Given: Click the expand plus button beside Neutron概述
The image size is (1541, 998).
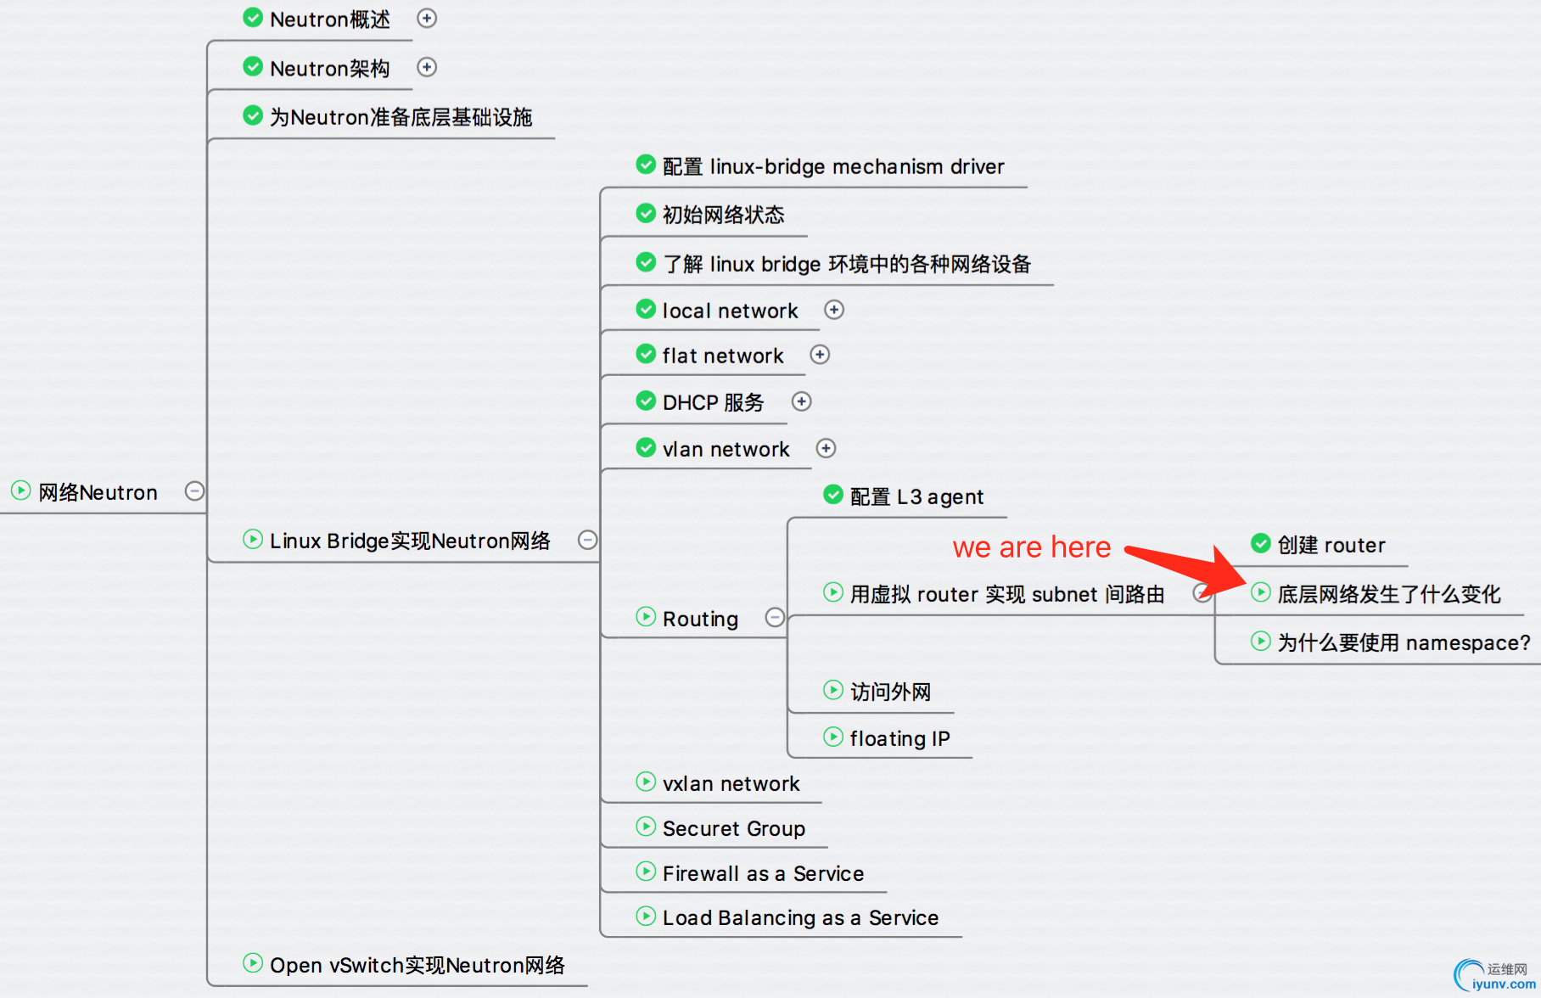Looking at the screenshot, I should click(x=427, y=18).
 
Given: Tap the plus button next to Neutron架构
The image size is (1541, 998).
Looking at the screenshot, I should click(x=427, y=67).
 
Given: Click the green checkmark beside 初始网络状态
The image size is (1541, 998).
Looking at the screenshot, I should click(x=646, y=213).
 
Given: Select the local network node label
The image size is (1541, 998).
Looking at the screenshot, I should click(x=730, y=311).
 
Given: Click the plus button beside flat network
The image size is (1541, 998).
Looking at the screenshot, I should click(x=820, y=355).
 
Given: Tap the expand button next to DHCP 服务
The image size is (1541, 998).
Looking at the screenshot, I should click(x=802, y=401).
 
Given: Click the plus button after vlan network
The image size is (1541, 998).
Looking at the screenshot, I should click(x=826, y=448).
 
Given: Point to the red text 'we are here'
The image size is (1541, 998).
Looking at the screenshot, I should click(x=1031, y=547).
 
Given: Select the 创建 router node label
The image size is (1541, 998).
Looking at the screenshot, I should click(x=1331, y=545).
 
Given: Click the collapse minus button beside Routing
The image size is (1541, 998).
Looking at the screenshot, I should click(x=775, y=617).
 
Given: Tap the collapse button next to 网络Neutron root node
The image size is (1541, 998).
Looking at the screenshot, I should click(x=194, y=491).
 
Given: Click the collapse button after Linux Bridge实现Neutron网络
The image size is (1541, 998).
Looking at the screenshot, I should click(x=587, y=540).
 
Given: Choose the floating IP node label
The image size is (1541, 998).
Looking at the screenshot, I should click(x=899, y=738).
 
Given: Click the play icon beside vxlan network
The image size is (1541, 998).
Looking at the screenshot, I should click(x=646, y=782).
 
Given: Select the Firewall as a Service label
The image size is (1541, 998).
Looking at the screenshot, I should click(x=763, y=873).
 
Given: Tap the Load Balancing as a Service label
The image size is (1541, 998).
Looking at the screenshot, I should click(x=800, y=917).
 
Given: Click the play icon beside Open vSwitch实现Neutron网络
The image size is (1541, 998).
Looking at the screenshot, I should click(x=253, y=963).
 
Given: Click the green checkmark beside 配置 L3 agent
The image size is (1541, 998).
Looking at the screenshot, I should click(x=833, y=495).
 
